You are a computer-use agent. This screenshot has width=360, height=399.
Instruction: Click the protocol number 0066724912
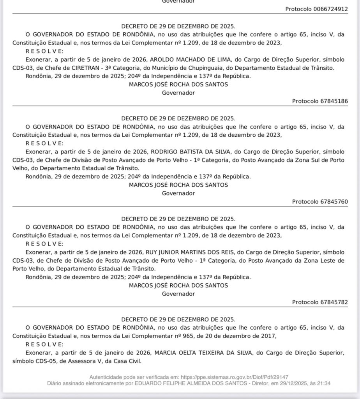[330, 9]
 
